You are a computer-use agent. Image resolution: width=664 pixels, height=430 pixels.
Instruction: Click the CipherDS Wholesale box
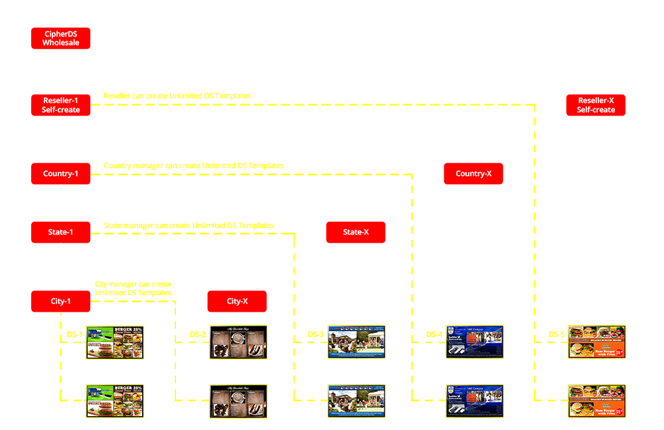coord(60,38)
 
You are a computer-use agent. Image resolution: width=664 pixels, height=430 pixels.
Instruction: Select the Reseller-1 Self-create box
coord(60,105)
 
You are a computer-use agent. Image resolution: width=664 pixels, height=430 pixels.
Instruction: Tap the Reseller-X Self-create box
coord(596,105)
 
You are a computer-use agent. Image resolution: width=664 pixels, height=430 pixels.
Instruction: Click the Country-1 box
coord(60,174)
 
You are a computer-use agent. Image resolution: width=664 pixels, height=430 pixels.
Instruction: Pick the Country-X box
coord(473,174)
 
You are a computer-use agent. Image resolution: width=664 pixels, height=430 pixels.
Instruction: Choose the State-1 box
coord(60,233)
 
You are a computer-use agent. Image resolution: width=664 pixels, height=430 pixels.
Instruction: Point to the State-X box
coord(355,233)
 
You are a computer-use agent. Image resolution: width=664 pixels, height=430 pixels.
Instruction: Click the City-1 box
coord(60,301)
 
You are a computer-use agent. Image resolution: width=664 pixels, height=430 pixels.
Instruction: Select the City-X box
coord(237,301)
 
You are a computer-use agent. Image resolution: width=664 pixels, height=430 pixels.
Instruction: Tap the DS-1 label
coord(74,334)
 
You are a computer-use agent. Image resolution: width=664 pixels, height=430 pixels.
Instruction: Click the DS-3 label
coord(315,334)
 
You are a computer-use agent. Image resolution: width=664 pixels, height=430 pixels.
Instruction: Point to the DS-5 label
coord(556,334)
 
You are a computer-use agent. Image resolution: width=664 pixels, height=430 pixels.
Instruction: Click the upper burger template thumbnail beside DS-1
coord(115,342)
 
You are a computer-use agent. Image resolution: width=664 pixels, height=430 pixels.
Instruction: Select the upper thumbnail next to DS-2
coord(238,342)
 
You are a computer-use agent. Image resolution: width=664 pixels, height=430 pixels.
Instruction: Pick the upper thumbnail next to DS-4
coord(475,342)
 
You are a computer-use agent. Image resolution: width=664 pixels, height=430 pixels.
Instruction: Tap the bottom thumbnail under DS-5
coord(597,401)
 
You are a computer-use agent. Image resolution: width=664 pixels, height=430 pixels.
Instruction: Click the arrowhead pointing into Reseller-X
coord(596,90)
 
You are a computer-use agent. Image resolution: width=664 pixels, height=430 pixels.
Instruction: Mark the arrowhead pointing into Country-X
coord(474,159)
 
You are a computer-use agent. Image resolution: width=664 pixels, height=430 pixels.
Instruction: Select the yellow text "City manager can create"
coord(133,284)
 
